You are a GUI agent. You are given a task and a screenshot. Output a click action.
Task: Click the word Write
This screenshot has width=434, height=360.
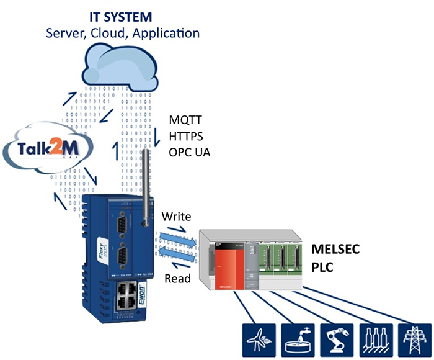coord(176,217)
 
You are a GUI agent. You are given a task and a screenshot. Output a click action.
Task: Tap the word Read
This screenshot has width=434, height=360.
coord(177,279)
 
